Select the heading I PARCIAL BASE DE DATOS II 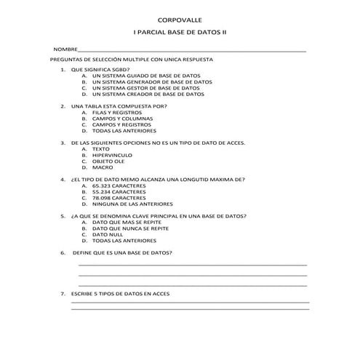tap(180, 33)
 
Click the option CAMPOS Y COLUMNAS tap(121, 119)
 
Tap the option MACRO tap(103, 168)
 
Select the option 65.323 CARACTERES tap(119, 186)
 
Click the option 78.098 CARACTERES tap(119, 199)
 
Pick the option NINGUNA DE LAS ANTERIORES tap(132, 204)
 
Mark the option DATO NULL tap(108, 235)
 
